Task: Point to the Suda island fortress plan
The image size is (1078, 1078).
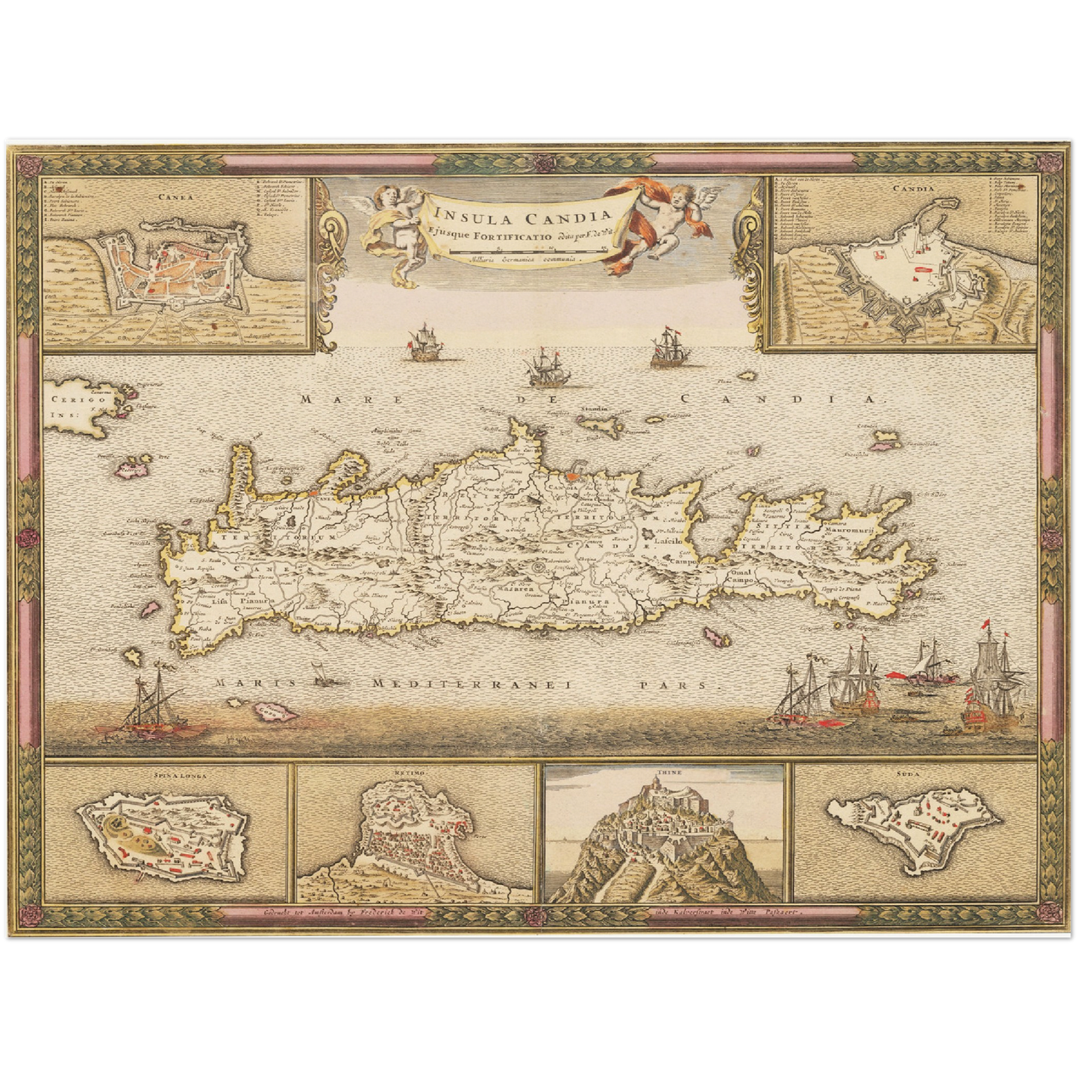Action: coord(915,828)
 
